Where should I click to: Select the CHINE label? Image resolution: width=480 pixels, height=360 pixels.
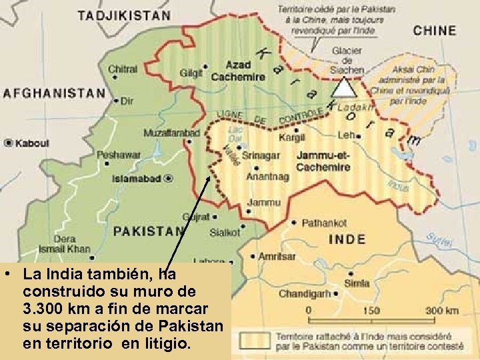click(435, 31)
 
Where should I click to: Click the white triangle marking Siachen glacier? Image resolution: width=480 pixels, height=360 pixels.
click(343, 87)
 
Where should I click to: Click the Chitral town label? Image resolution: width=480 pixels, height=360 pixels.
click(123, 69)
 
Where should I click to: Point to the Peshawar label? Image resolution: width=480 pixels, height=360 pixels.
click(119, 155)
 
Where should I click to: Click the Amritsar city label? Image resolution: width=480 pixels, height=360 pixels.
click(277, 257)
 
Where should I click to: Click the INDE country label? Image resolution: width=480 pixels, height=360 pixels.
click(347, 239)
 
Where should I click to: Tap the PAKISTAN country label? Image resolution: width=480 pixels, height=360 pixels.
click(148, 231)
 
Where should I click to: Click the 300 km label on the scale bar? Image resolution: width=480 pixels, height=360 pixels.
click(443, 311)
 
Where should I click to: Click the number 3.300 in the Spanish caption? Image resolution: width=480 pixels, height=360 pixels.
click(44, 309)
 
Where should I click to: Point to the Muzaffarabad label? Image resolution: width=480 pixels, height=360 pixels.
click(171, 133)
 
